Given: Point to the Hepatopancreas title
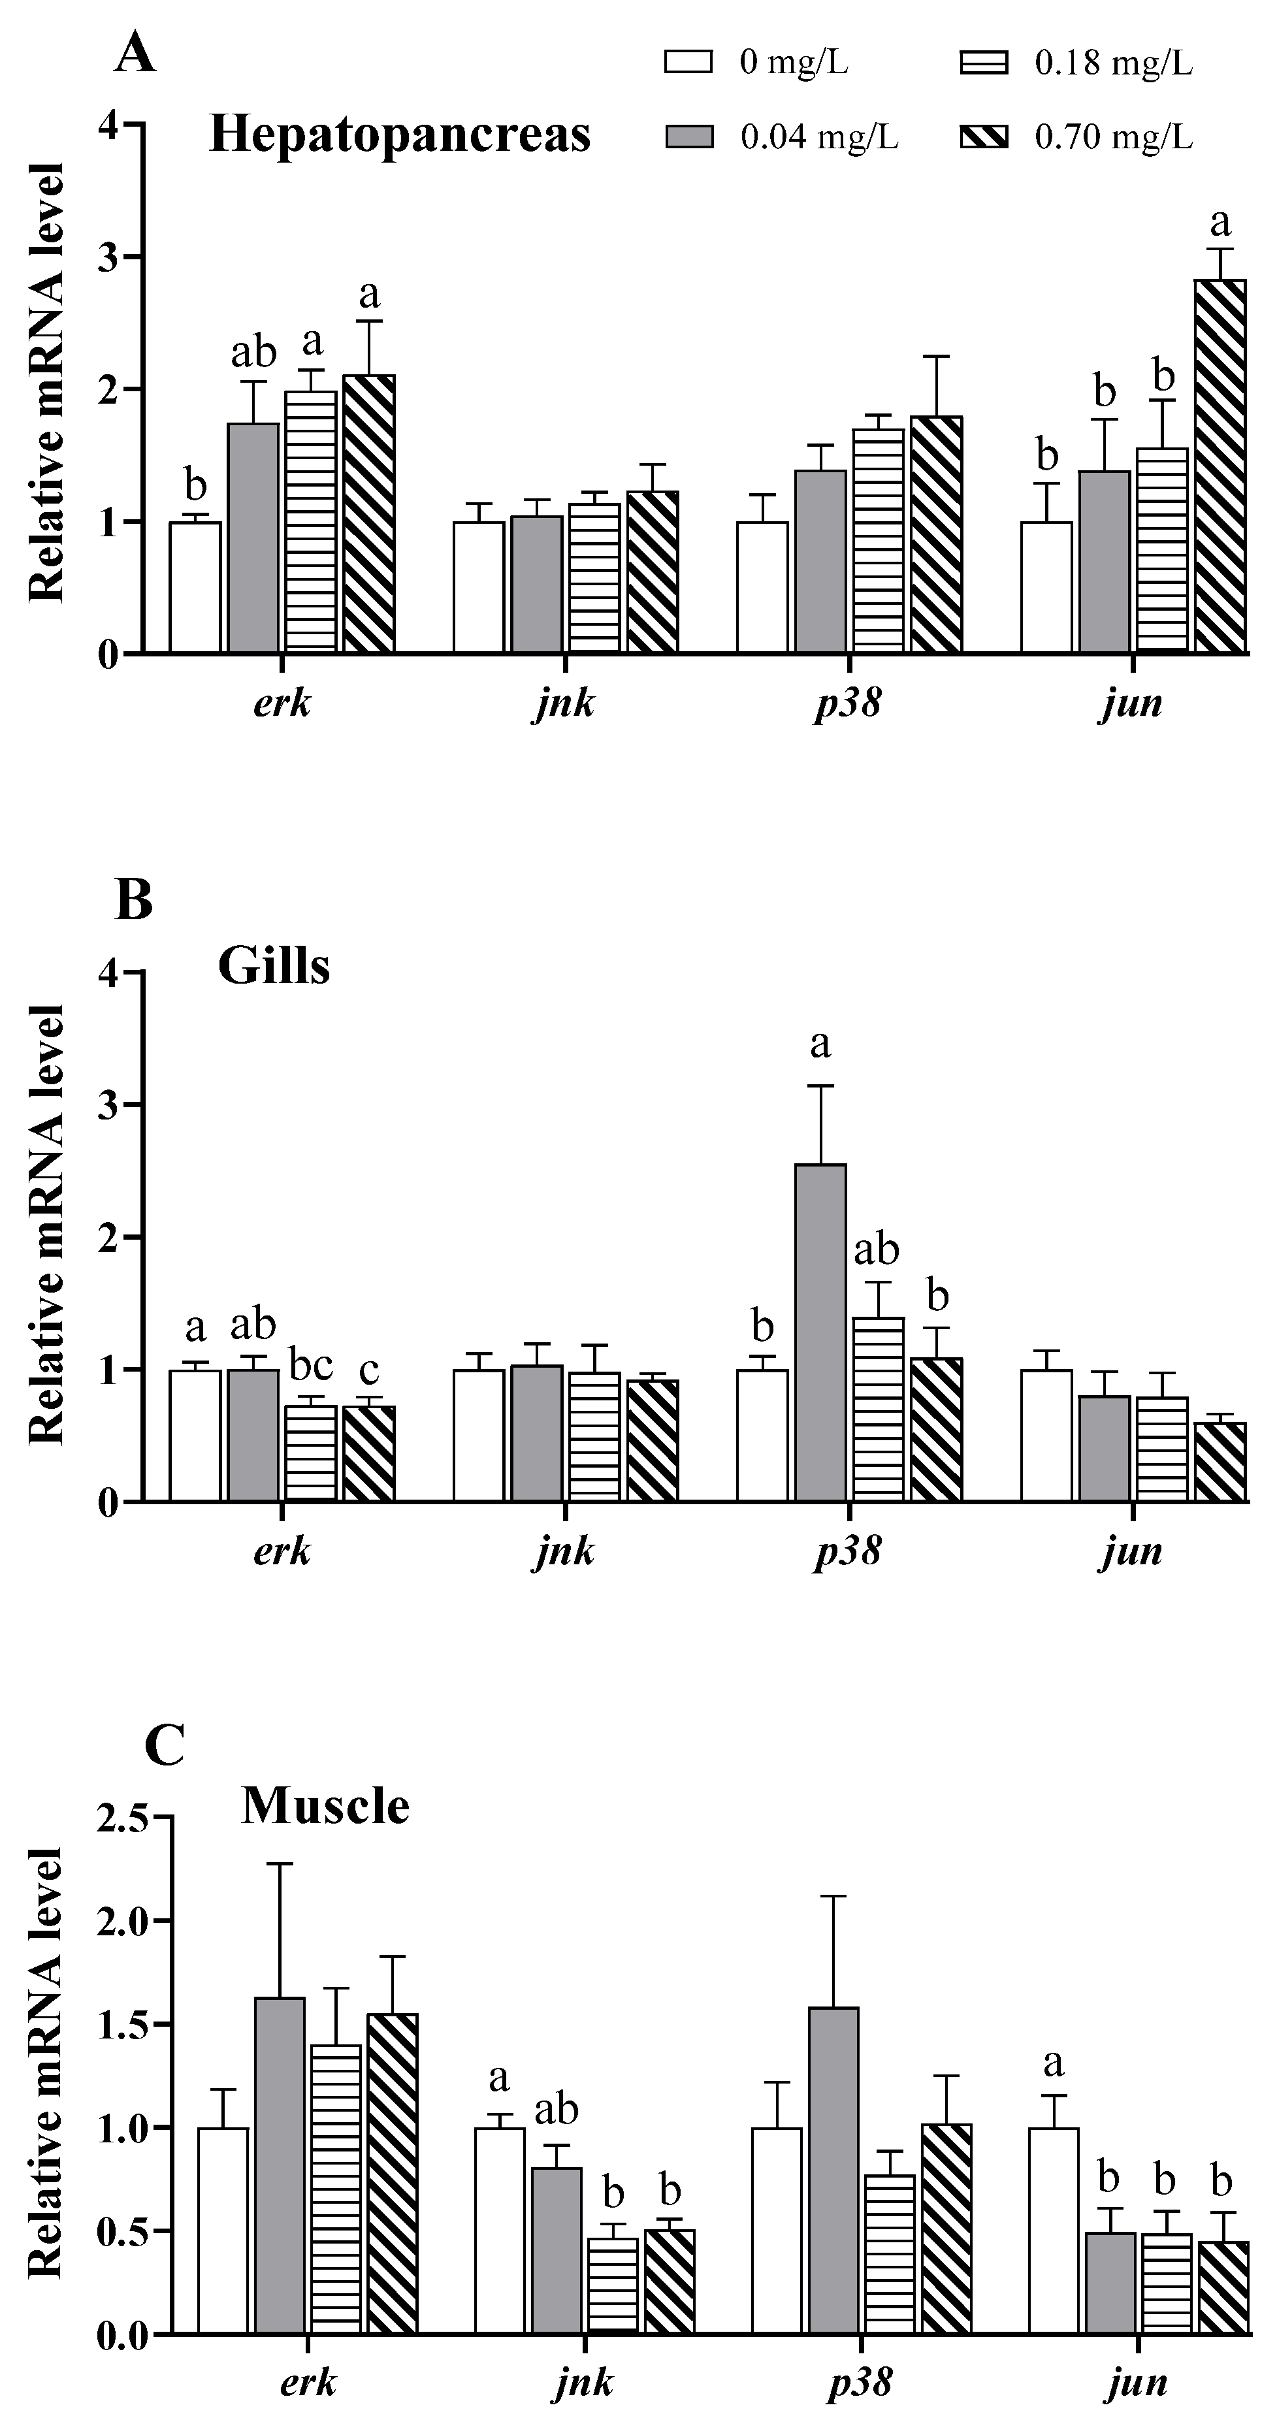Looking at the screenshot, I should point(400,134).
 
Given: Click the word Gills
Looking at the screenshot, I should point(274,966).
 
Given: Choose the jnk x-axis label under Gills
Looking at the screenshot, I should point(564,1550).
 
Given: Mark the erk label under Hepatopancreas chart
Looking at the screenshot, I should point(282,703).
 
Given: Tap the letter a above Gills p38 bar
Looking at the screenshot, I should point(820,1044).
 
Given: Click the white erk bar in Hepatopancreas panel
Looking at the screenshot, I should point(195,587).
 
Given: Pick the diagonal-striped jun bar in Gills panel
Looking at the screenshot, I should point(1220,1461).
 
